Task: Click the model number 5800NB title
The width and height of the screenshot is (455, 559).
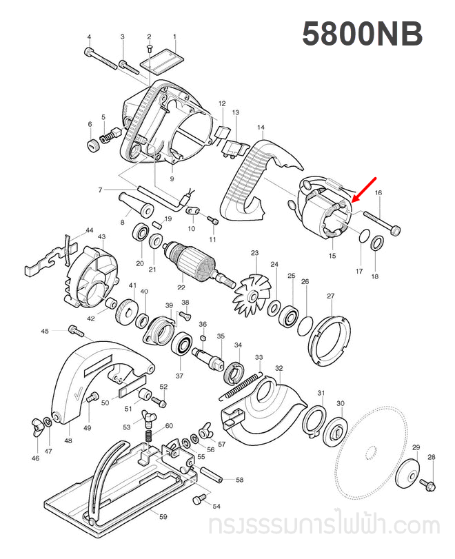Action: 362,35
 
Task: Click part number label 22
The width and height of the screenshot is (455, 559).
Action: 181,287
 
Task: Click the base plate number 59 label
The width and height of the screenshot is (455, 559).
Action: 163,516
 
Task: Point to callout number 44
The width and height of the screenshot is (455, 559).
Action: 90,230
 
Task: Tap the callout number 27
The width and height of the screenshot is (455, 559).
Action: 330,296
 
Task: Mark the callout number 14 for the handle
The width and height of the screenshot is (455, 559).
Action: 261,128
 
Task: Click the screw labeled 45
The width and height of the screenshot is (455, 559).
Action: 75,332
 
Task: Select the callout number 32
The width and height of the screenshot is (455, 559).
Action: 279,369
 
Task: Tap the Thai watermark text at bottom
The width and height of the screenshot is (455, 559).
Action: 324,527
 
